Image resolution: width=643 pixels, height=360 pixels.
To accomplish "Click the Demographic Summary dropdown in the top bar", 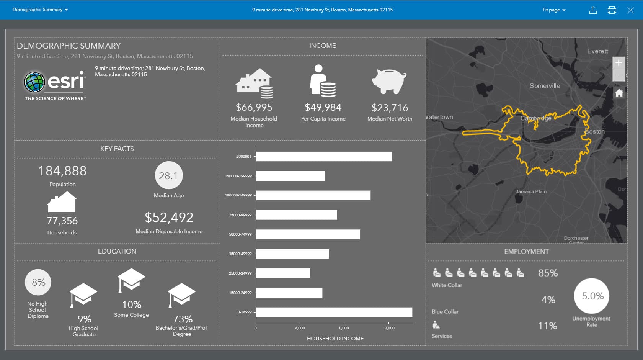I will [40, 10].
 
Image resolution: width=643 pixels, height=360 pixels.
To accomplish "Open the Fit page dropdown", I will [554, 10].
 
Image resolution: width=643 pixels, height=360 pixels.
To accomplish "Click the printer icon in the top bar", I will [612, 10].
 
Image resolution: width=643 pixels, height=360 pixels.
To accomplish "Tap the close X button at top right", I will [630, 10].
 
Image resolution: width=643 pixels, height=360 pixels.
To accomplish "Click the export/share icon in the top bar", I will [593, 10].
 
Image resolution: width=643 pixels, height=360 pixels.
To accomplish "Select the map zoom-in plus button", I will [619, 62].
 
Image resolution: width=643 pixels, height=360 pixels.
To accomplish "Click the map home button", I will [619, 93].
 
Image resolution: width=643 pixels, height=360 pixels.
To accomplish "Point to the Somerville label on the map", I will [545, 86].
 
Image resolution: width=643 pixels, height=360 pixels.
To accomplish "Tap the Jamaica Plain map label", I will [531, 191].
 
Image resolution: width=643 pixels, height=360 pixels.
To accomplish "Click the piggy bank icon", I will [389, 81].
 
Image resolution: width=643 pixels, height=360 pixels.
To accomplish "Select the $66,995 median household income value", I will [254, 107].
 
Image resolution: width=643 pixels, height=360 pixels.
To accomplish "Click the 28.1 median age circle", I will [168, 175].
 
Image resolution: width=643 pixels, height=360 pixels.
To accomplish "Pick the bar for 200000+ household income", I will [324, 156].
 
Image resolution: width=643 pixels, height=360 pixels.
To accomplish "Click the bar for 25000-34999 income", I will [283, 273].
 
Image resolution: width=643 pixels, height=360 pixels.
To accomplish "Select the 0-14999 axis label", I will [244, 312].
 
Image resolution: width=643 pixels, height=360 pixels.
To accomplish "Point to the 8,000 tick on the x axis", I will [344, 328].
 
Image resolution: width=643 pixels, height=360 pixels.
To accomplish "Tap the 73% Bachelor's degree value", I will [183, 319].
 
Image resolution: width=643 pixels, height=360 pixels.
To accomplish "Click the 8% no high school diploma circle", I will [38, 282].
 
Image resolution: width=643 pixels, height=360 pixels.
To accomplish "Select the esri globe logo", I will [34, 82].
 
